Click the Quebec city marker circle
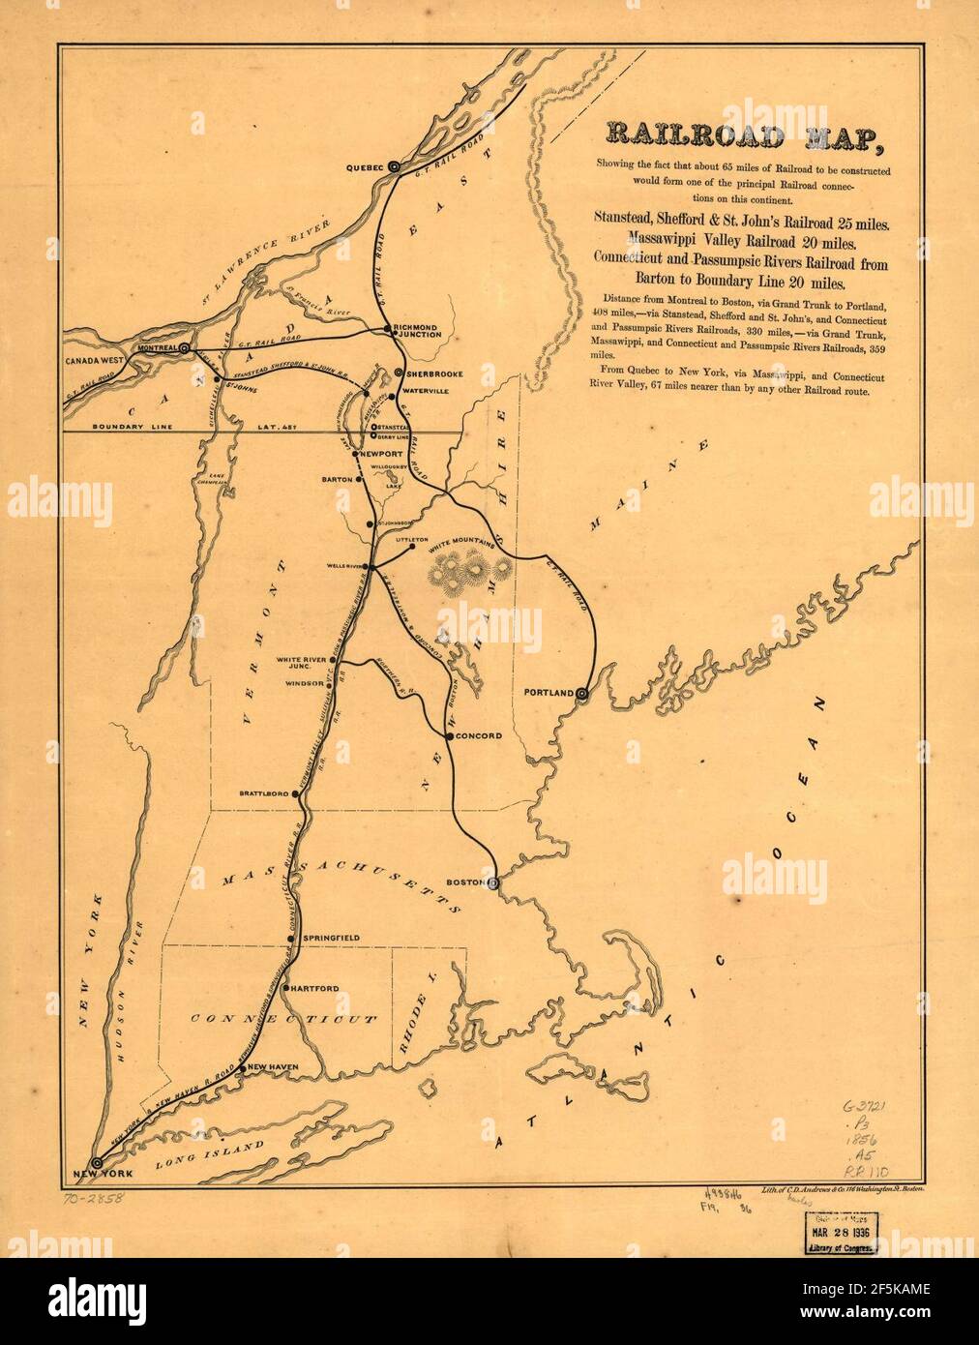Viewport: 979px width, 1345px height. [x=395, y=167]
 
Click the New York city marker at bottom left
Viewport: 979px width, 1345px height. [x=96, y=1162]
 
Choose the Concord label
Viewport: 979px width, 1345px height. [x=479, y=736]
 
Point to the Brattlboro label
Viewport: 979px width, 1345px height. [x=263, y=793]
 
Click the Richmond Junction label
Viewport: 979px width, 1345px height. [x=418, y=331]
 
